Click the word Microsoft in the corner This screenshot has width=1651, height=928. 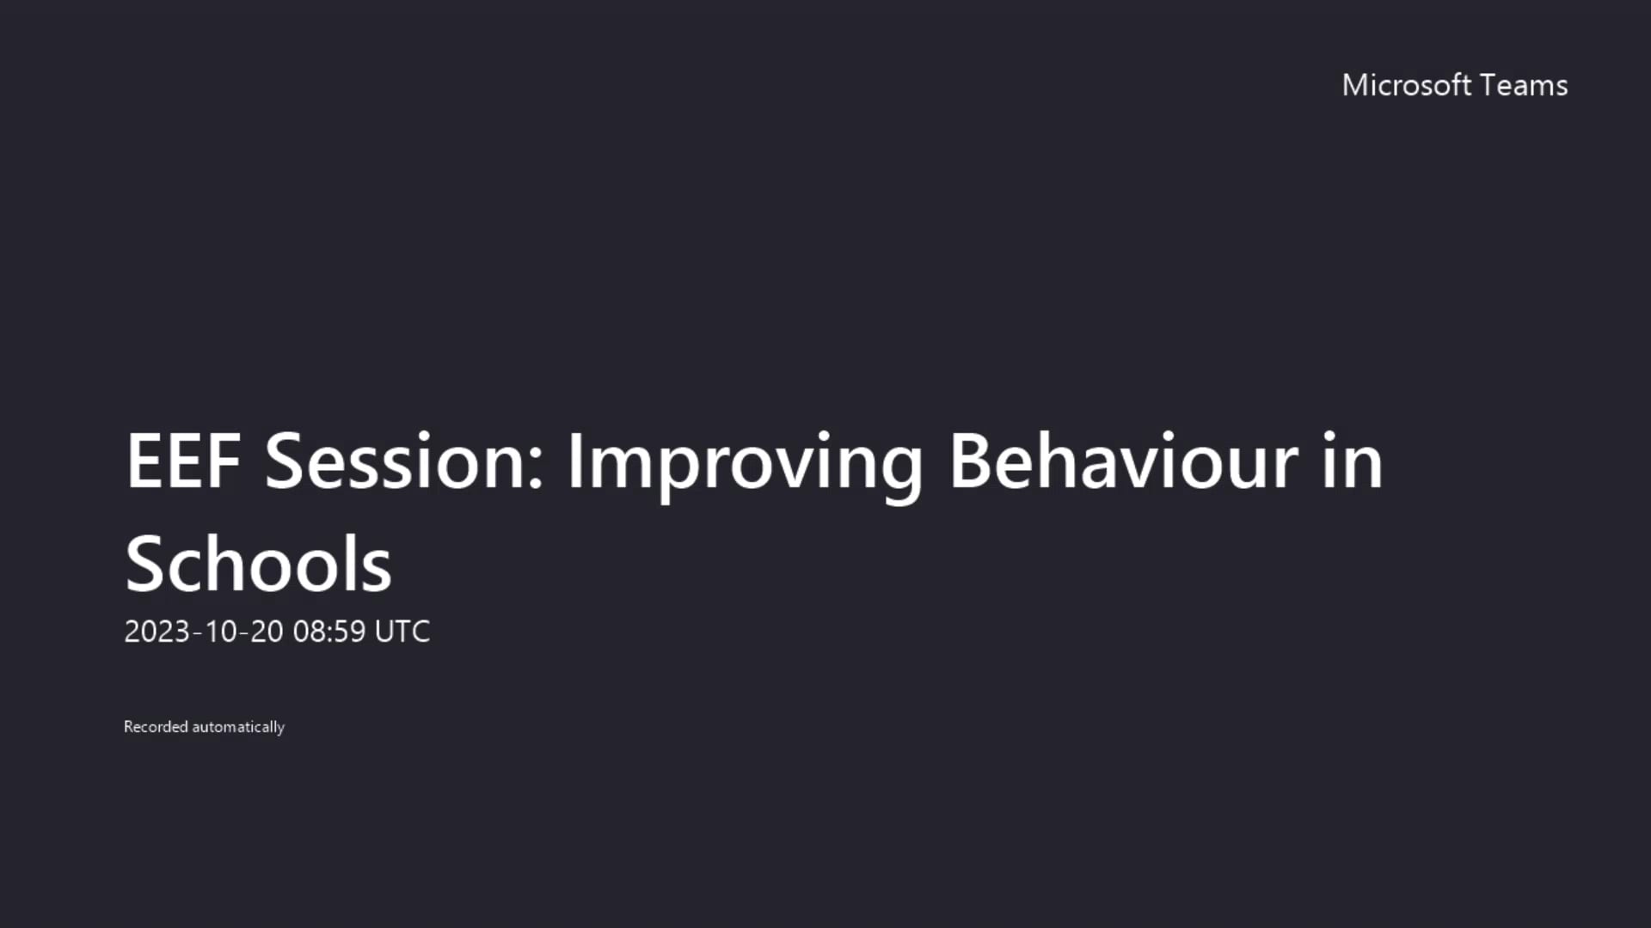1407,85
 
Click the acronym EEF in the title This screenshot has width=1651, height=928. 183,461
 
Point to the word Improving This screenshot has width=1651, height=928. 745,464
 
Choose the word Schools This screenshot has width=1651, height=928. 259,565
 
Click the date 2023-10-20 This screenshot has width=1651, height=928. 204,632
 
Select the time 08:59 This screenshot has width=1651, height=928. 329,632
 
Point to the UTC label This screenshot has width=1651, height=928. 402,632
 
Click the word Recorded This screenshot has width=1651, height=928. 156,727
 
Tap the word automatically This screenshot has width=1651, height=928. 238,728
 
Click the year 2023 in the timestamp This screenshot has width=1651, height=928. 157,632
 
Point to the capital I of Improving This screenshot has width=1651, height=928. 574,461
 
